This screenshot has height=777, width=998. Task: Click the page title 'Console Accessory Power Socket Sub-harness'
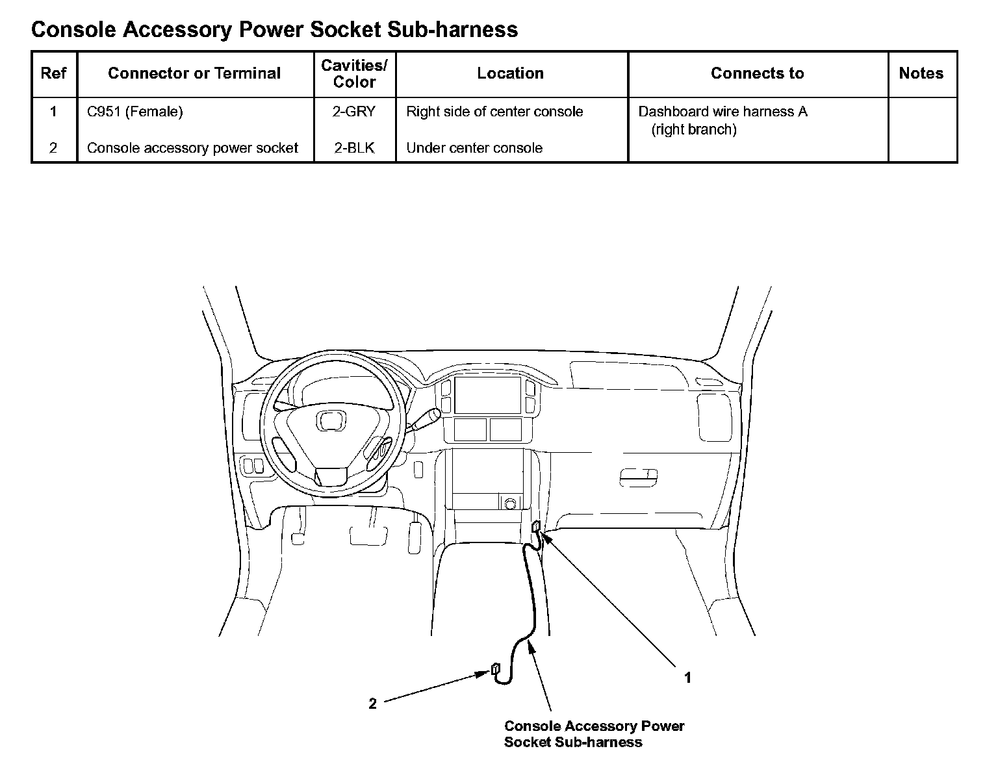coord(274,30)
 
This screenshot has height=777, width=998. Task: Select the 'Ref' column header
coord(54,73)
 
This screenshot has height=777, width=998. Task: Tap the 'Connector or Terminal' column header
coord(194,73)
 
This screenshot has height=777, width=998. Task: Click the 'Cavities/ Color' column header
coord(354,73)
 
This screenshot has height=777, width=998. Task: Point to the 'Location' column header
coord(510,73)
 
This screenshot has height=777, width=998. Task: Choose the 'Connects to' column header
coord(758,73)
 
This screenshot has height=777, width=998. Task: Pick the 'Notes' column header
coord(921,73)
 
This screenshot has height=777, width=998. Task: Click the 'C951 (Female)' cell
coord(135,112)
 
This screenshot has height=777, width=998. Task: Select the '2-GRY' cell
coord(354,112)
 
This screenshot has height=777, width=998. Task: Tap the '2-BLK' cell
coord(354,148)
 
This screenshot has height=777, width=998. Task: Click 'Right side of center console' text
coord(494,112)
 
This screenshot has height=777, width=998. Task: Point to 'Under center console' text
coord(474,148)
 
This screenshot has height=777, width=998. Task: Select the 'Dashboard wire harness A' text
coord(723,112)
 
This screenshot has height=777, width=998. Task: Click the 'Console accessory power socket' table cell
coord(192,148)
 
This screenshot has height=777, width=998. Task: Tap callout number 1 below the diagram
coord(687,678)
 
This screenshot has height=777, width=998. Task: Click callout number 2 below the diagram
coord(372,704)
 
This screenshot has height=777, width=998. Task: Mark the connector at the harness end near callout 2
coord(495,669)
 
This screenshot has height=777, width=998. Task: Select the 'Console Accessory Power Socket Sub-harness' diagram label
coord(595,734)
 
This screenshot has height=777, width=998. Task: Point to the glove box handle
coord(639,478)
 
